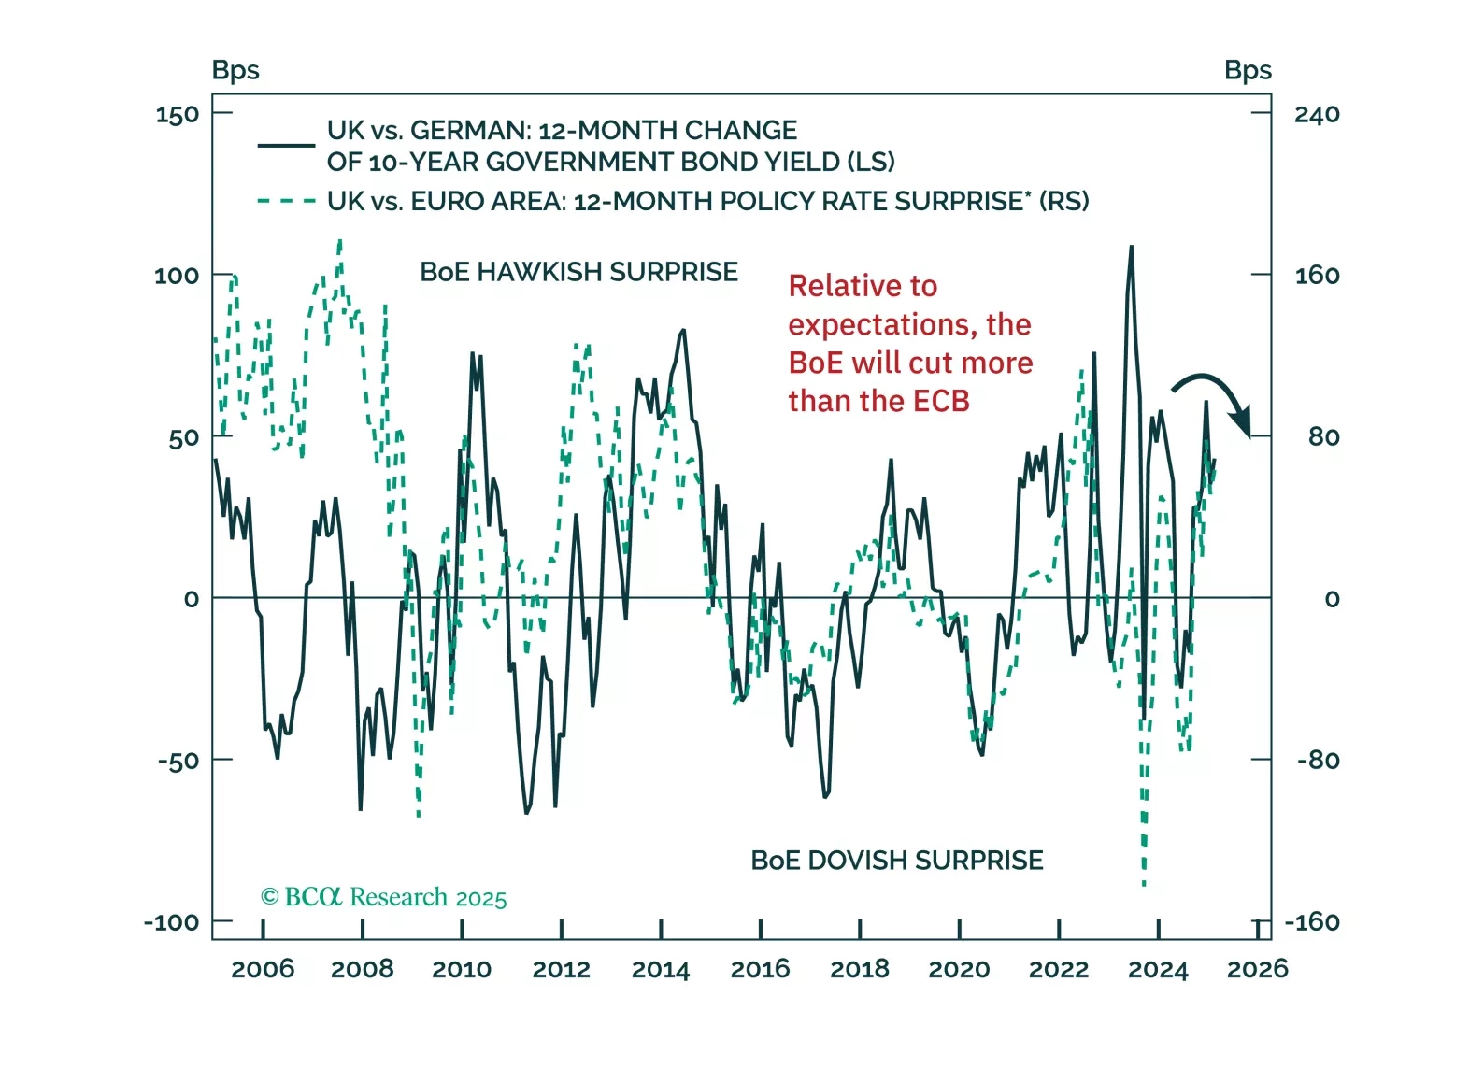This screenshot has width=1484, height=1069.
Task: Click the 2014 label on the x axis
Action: [661, 970]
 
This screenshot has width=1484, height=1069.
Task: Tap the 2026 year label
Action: [1257, 970]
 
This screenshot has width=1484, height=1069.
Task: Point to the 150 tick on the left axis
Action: [178, 115]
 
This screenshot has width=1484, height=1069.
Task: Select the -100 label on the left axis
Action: [172, 923]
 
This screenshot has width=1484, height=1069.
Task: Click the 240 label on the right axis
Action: [1317, 115]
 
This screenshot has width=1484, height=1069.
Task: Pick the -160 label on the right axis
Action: [1312, 923]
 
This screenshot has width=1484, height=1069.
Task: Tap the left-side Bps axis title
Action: [235, 70]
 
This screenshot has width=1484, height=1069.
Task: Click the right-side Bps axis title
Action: [1248, 70]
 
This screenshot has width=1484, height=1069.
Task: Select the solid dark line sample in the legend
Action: [286, 145]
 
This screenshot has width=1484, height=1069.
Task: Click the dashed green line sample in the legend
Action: [286, 201]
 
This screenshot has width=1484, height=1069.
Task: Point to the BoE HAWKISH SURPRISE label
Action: [578, 272]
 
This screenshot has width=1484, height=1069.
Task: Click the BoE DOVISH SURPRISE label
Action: [897, 861]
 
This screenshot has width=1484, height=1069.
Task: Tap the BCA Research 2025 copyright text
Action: [383, 898]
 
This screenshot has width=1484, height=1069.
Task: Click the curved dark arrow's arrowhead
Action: [1243, 424]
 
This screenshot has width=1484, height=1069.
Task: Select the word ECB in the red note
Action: [941, 402]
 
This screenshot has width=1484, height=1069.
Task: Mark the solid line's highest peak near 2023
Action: [1132, 248]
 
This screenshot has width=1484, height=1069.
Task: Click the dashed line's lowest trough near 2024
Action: [1144, 882]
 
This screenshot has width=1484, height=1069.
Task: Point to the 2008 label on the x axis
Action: [363, 970]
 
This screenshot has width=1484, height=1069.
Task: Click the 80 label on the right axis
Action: [1323, 437]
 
